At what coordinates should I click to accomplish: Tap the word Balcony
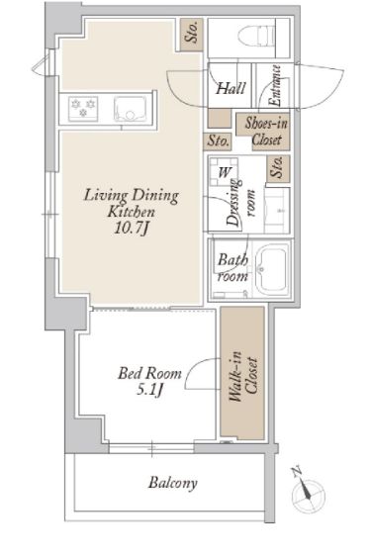coord(173,484)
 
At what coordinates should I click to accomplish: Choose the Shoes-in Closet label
coord(261,132)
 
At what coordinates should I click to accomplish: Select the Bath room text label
coord(231,268)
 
